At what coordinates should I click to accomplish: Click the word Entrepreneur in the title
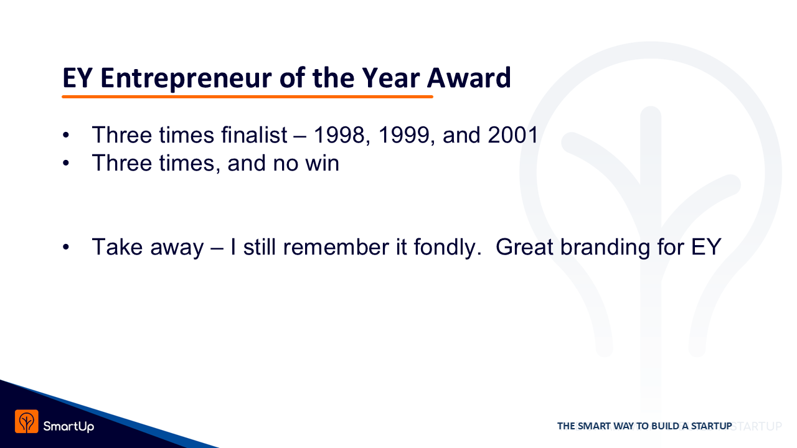click(186, 78)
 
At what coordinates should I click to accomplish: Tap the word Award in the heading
click(469, 78)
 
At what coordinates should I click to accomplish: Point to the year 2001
click(512, 135)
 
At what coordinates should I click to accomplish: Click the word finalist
click(254, 135)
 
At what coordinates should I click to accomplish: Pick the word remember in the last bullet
click(336, 247)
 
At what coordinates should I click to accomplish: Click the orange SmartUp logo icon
click(27, 421)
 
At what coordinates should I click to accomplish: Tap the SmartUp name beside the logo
click(68, 426)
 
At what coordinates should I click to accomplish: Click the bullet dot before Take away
click(66, 247)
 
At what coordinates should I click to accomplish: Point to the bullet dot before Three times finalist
click(66, 135)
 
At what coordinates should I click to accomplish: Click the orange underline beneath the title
click(247, 96)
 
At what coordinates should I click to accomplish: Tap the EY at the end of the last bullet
click(706, 247)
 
